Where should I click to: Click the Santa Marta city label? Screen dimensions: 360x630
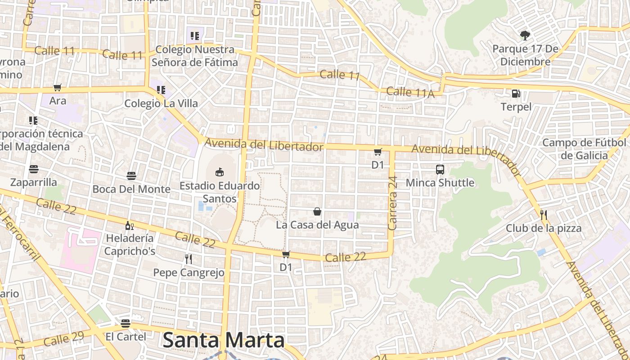(x=223, y=340)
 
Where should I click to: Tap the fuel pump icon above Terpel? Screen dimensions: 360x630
(x=516, y=94)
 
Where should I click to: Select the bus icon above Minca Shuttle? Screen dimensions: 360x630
(x=440, y=170)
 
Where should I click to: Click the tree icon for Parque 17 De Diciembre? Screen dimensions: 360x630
(x=524, y=35)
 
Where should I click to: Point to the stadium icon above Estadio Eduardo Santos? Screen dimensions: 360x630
(x=219, y=172)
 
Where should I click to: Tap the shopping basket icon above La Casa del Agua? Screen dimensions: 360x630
(x=317, y=211)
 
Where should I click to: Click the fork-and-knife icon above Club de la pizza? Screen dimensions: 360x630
(x=543, y=215)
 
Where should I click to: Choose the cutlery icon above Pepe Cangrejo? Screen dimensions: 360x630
(x=189, y=259)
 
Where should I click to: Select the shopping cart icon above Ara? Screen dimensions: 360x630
(x=57, y=88)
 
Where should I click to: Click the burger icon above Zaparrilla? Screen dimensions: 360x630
(x=34, y=169)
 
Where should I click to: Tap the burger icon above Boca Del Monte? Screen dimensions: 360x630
(x=131, y=175)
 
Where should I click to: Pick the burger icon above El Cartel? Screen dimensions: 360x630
(x=126, y=323)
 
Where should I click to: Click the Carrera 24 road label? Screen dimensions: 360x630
(x=392, y=203)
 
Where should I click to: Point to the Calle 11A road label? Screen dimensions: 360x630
(x=410, y=92)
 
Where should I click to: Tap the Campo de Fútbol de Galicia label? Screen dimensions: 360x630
(x=584, y=149)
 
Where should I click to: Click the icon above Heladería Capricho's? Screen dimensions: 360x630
(x=129, y=225)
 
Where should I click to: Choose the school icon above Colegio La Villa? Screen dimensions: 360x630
(x=161, y=90)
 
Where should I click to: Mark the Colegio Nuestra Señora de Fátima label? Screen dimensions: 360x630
(x=194, y=56)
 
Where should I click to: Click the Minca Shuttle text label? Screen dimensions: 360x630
(x=440, y=183)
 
